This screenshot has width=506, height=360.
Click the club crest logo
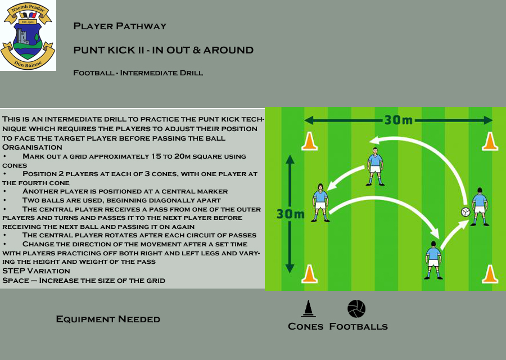coord(28,35)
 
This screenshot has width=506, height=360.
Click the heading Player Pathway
coord(120,26)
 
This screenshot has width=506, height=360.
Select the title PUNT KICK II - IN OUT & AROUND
coord(163,50)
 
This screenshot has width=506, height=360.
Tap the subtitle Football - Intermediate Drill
coord(138,73)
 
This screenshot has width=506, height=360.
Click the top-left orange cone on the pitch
coord(309,141)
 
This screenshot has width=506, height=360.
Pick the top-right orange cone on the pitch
coord(490,141)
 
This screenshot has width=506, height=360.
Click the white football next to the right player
coord(466,212)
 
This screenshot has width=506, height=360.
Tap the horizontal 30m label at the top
coord(399,120)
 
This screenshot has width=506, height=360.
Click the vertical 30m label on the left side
coord(290,214)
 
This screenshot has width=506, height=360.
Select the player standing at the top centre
coord(375,166)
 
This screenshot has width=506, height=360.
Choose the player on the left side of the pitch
coord(320,202)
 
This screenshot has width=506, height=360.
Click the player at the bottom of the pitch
coord(433,260)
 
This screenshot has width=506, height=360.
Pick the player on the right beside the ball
coord(480,206)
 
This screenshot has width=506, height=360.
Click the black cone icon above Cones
coord(308,309)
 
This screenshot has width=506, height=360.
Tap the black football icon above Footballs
coord(356,309)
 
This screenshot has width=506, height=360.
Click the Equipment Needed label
coord(108,319)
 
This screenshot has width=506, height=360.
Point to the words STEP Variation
coord(36,271)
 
